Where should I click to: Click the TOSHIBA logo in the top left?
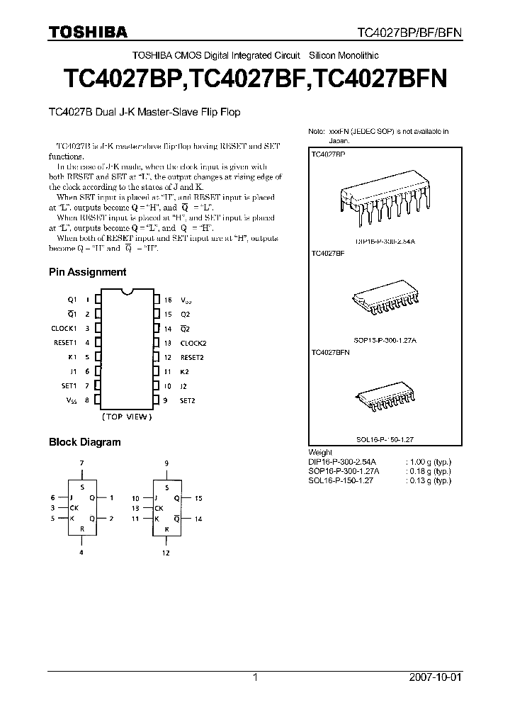click(88, 32)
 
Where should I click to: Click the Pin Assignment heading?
click(87, 272)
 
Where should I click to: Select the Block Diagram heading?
click(84, 442)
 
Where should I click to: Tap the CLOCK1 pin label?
click(64, 328)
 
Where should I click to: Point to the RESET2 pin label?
click(192, 357)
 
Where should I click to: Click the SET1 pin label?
click(69, 386)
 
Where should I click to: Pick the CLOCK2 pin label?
click(193, 343)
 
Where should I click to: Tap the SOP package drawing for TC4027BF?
click(383, 303)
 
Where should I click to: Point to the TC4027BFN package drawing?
click(382, 400)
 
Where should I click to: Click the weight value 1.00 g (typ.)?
click(429, 461)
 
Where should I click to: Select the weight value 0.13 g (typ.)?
click(429, 480)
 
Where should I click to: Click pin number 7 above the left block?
click(82, 463)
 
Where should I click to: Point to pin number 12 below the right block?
click(166, 552)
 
